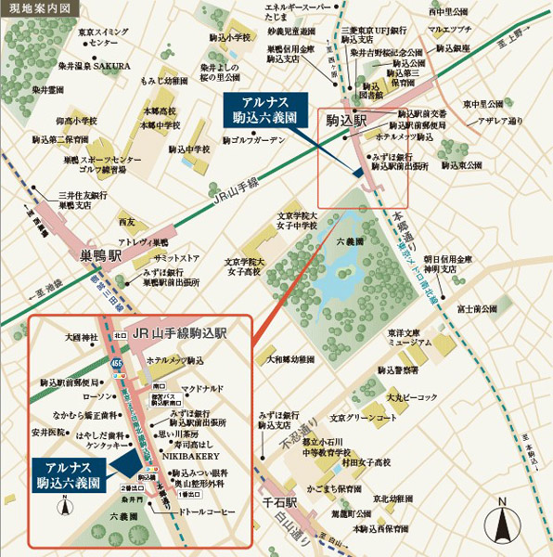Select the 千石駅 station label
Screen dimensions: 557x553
click(x=277, y=501)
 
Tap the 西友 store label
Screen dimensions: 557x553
click(x=127, y=222)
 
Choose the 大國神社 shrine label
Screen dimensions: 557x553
click(x=70, y=339)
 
